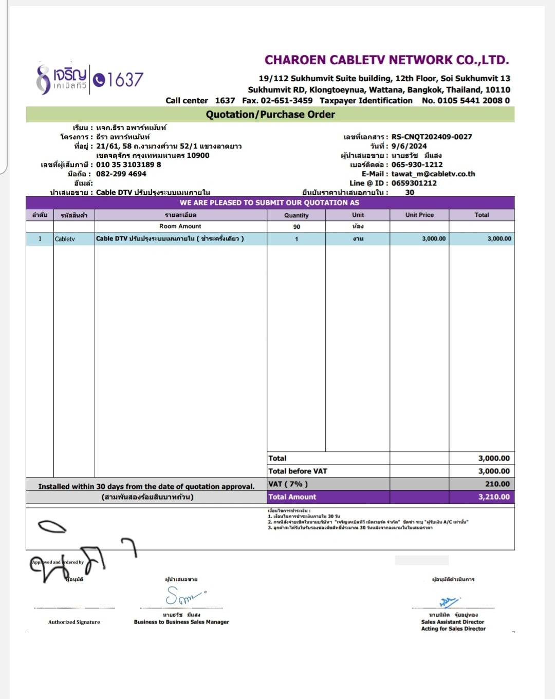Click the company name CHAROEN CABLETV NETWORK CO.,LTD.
386,60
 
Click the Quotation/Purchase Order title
270,114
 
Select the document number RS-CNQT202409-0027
431,137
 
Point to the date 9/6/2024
409,146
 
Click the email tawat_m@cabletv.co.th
433,174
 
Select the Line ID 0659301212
414,183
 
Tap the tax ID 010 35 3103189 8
128,164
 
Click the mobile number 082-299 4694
121,174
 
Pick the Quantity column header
296,215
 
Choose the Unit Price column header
419,215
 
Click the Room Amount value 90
297,227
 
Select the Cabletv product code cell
65,239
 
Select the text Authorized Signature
74,622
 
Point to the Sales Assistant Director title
452,622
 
